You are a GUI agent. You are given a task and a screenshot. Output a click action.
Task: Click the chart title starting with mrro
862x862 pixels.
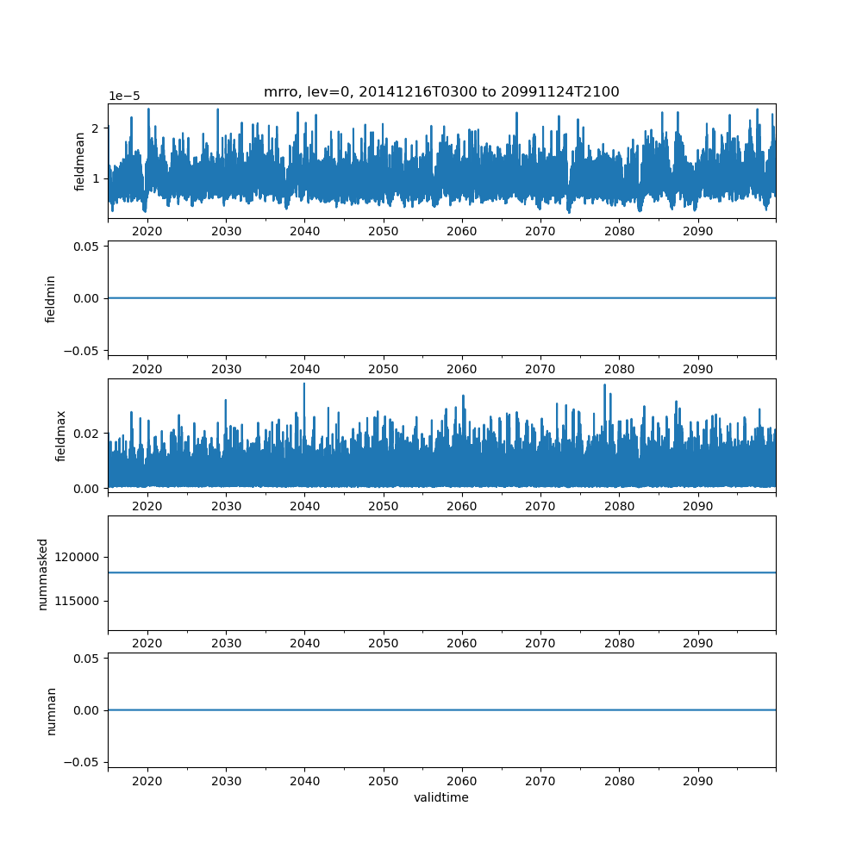pos(441,92)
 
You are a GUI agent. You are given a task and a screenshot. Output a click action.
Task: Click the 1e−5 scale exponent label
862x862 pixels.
pos(124,97)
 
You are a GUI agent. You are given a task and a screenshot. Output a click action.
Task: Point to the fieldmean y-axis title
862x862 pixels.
pos(79,162)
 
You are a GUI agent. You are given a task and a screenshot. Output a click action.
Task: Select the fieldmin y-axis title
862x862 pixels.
pos(51,299)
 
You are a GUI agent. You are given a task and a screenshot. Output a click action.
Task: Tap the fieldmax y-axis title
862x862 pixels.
pos(60,436)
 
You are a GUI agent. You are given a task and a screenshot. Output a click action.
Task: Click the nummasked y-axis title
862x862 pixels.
pos(43,574)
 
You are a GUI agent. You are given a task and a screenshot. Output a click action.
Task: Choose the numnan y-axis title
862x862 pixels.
pos(51,711)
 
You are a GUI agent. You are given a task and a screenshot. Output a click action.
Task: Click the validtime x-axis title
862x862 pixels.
pos(441,797)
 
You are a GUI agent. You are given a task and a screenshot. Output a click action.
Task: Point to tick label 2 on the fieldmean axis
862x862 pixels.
pos(96,128)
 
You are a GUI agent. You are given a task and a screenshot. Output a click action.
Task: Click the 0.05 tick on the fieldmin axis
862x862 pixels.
pos(86,247)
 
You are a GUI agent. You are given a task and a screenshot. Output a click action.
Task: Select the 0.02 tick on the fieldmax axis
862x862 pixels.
pos(86,434)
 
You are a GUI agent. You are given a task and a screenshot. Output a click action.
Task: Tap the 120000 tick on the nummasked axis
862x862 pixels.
pos(77,558)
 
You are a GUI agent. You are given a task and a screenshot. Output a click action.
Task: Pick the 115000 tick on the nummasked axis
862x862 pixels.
pos(77,602)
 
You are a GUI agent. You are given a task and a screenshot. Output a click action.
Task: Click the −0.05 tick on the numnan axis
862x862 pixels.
pos(81,763)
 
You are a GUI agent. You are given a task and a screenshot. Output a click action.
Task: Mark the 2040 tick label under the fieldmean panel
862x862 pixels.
pos(305,231)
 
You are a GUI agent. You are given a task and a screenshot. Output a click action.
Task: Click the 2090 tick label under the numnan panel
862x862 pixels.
pos(698,781)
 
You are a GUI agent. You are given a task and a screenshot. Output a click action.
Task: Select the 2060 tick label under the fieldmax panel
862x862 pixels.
pos(462,506)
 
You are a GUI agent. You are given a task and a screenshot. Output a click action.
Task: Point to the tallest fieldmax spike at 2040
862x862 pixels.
pos(304,384)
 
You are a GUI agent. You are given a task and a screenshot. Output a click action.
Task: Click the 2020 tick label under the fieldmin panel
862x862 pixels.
pos(147,369)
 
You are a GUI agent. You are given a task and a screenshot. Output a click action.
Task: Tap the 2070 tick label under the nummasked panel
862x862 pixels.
pos(540,643)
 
